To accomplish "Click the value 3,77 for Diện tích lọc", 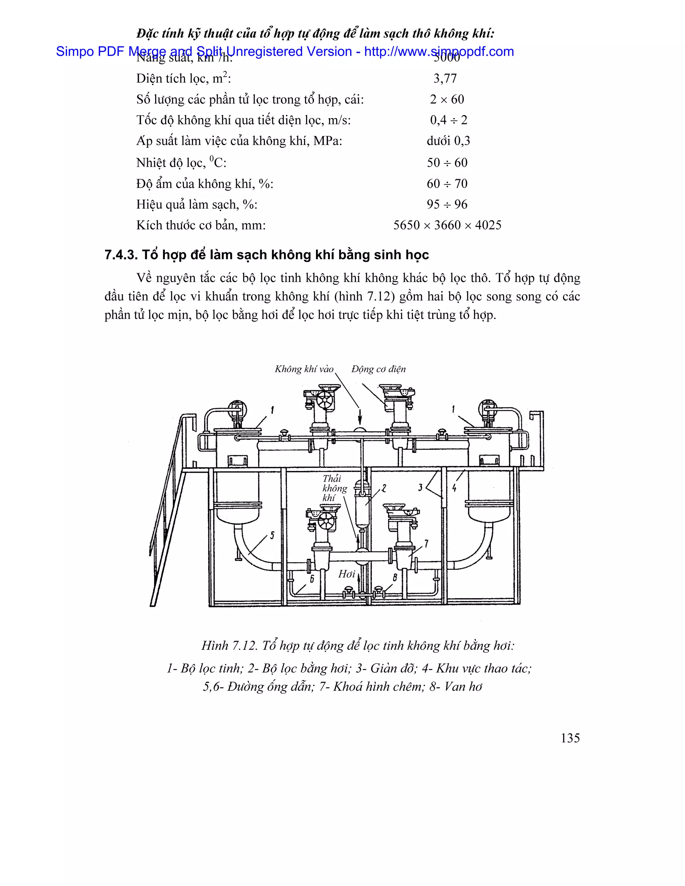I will pyautogui.click(x=445, y=78).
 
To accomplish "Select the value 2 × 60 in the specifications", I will pyautogui.click(x=447, y=99).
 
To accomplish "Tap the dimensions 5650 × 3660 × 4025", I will pyautogui.click(x=447, y=225).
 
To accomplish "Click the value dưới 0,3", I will pyautogui.click(x=448, y=141).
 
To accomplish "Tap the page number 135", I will pyautogui.click(x=570, y=738).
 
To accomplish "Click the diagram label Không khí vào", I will pyautogui.click(x=304, y=369).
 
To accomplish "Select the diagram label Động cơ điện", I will pyautogui.click(x=378, y=369).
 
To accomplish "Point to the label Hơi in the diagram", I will pyautogui.click(x=347, y=574).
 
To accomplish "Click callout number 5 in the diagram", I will pyautogui.click(x=272, y=536).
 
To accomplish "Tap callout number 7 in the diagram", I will pyautogui.click(x=426, y=544).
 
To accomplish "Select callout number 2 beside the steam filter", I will pyautogui.click(x=384, y=488).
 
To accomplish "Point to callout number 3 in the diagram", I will pyautogui.click(x=420, y=487).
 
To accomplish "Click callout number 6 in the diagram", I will pyautogui.click(x=312, y=579).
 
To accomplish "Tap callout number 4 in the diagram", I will pyautogui.click(x=454, y=488).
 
